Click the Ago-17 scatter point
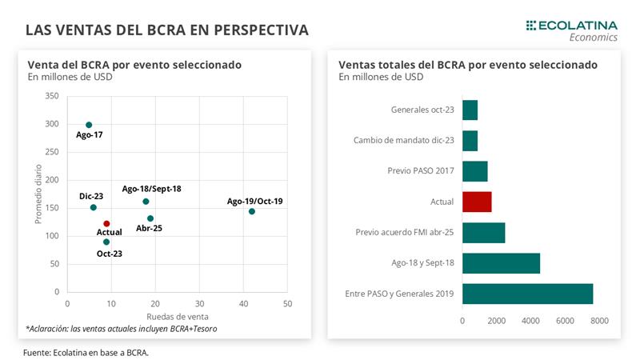(89, 125)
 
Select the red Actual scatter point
(106, 224)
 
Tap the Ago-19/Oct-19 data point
(252, 211)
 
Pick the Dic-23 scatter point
(94, 207)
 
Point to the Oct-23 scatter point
(106, 242)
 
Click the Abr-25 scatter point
(150, 218)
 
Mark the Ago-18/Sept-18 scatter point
(146, 202)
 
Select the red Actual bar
(477, 202)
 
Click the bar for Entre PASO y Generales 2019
(527, 294)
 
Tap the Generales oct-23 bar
(470, 110)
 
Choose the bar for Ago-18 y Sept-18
(501, 263)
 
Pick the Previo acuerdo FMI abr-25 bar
(484, 233)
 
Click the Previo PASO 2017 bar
(475, 171)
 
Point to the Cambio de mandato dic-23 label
(403, 141)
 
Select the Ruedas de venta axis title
(177, 315)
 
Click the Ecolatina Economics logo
(572, 30)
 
